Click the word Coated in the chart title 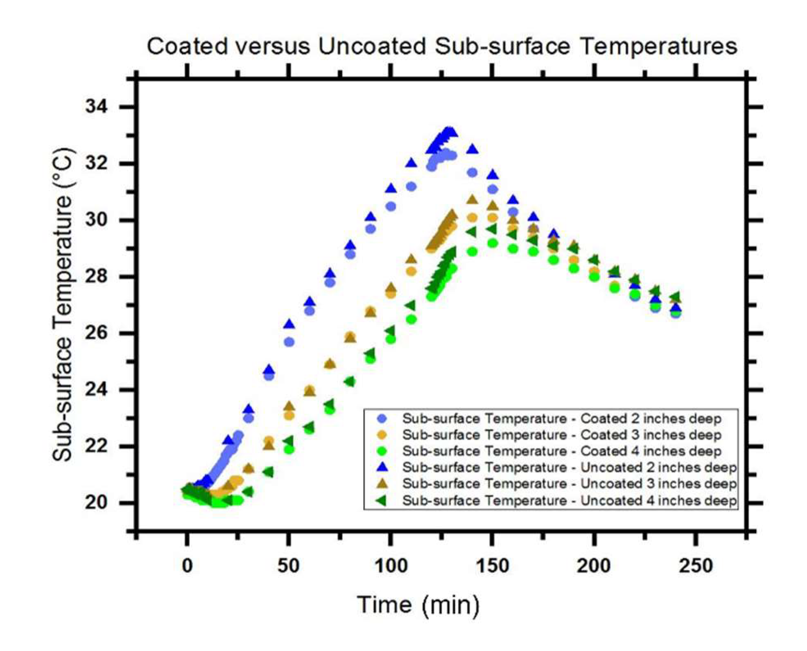point(188,46)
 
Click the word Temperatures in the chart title point(659,46)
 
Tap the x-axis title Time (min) point(418,605)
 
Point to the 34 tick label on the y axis point(96,106)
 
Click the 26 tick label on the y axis point(96,333)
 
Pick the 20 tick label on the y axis point(96,503)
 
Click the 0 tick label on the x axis point(187,566)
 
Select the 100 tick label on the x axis point(391,566)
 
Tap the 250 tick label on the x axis point(696,566)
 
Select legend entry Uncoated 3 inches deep point(569,484)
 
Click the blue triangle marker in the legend point(382,467)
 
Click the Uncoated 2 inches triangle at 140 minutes point(472,149)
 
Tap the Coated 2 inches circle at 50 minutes point(289,342)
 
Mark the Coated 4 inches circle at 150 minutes point(493,243)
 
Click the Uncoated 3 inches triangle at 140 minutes point(472,200)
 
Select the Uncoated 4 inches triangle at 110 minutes point(410,305)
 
